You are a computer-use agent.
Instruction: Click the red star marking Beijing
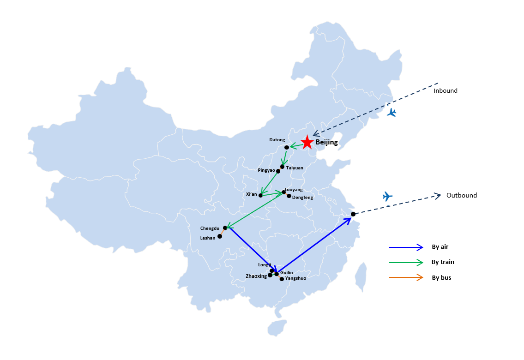[307, 142]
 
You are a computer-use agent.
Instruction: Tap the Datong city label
[277, 140]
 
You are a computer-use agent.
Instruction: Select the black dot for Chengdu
[225, 228]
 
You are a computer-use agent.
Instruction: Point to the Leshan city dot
[220, 236]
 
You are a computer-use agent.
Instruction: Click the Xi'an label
[252, 194]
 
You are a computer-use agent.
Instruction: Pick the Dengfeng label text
[302, 198]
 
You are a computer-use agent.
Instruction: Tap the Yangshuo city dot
[282, 279]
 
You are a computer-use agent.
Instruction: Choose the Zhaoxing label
[256, 276]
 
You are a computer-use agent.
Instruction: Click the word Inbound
[446, 90]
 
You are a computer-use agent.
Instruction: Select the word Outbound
[462, 195]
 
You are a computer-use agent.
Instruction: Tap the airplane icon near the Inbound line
[391, 113]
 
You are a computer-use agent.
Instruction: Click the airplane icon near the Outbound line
[387, 196]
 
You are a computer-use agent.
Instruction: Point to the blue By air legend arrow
[406, 247]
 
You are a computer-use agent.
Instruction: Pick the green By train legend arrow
[406, 263]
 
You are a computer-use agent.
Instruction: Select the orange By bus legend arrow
[406, 277]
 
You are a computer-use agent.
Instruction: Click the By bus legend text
[441, 278]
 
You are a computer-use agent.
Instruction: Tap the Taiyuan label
[295, 168]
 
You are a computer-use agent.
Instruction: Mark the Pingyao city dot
[278, 171]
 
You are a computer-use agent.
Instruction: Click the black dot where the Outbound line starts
[353, 214]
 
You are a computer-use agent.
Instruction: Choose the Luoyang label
[294, 190]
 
